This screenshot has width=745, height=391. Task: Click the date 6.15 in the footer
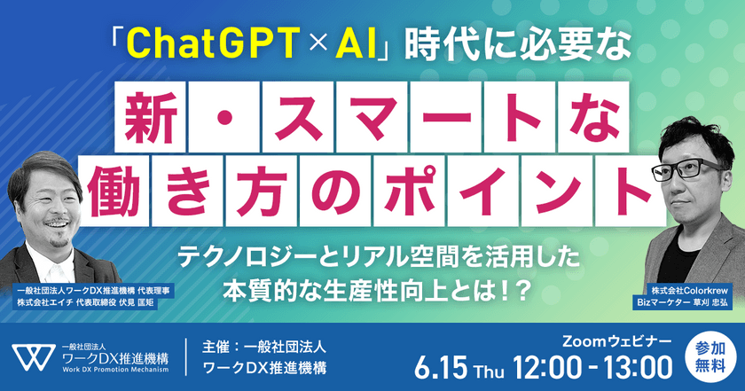coord(447,365)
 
